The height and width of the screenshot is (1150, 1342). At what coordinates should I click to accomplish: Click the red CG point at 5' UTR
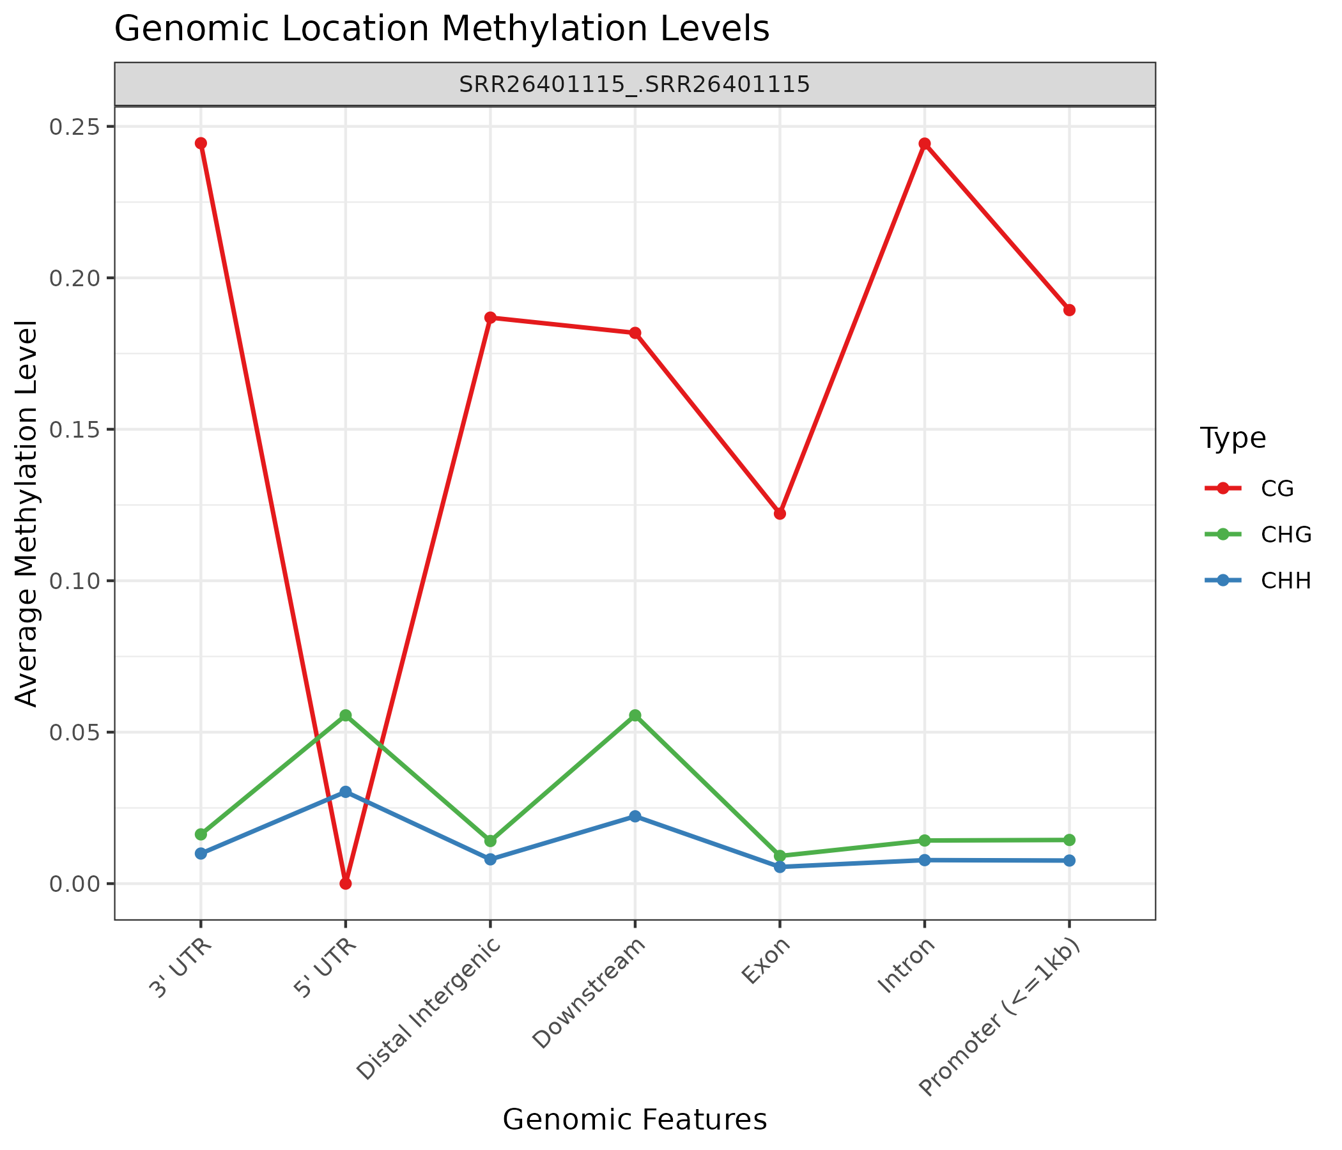point(346,883)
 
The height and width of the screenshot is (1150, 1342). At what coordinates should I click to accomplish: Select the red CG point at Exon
point(780,514)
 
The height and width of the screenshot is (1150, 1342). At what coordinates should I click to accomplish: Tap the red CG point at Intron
point(925,144)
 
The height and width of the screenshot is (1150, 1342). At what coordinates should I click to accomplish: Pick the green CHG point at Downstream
point(635,716)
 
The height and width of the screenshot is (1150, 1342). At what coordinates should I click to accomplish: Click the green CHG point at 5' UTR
point(346,716)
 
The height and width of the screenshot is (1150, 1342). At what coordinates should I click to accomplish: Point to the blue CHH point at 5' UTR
point(346,792)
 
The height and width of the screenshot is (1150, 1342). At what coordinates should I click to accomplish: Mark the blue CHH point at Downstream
point(635,816)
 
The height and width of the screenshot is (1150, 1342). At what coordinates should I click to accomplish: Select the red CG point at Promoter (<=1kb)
point(1069,310)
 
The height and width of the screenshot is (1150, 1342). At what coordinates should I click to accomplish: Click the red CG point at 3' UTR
point(201,144)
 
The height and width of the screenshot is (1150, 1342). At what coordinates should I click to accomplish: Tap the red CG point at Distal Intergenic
point(490,318)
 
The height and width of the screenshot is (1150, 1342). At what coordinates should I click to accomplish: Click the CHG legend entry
point(1257,534)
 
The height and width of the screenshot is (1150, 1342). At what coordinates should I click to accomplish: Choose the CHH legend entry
point(1257,581)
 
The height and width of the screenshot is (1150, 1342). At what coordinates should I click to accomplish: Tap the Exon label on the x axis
point(766,961)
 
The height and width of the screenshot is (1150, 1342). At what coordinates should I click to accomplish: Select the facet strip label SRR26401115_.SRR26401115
point(635,84)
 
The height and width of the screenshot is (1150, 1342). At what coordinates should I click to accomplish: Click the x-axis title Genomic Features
point(635,1119)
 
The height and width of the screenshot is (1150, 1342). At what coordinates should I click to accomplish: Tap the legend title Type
point(1233,438)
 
